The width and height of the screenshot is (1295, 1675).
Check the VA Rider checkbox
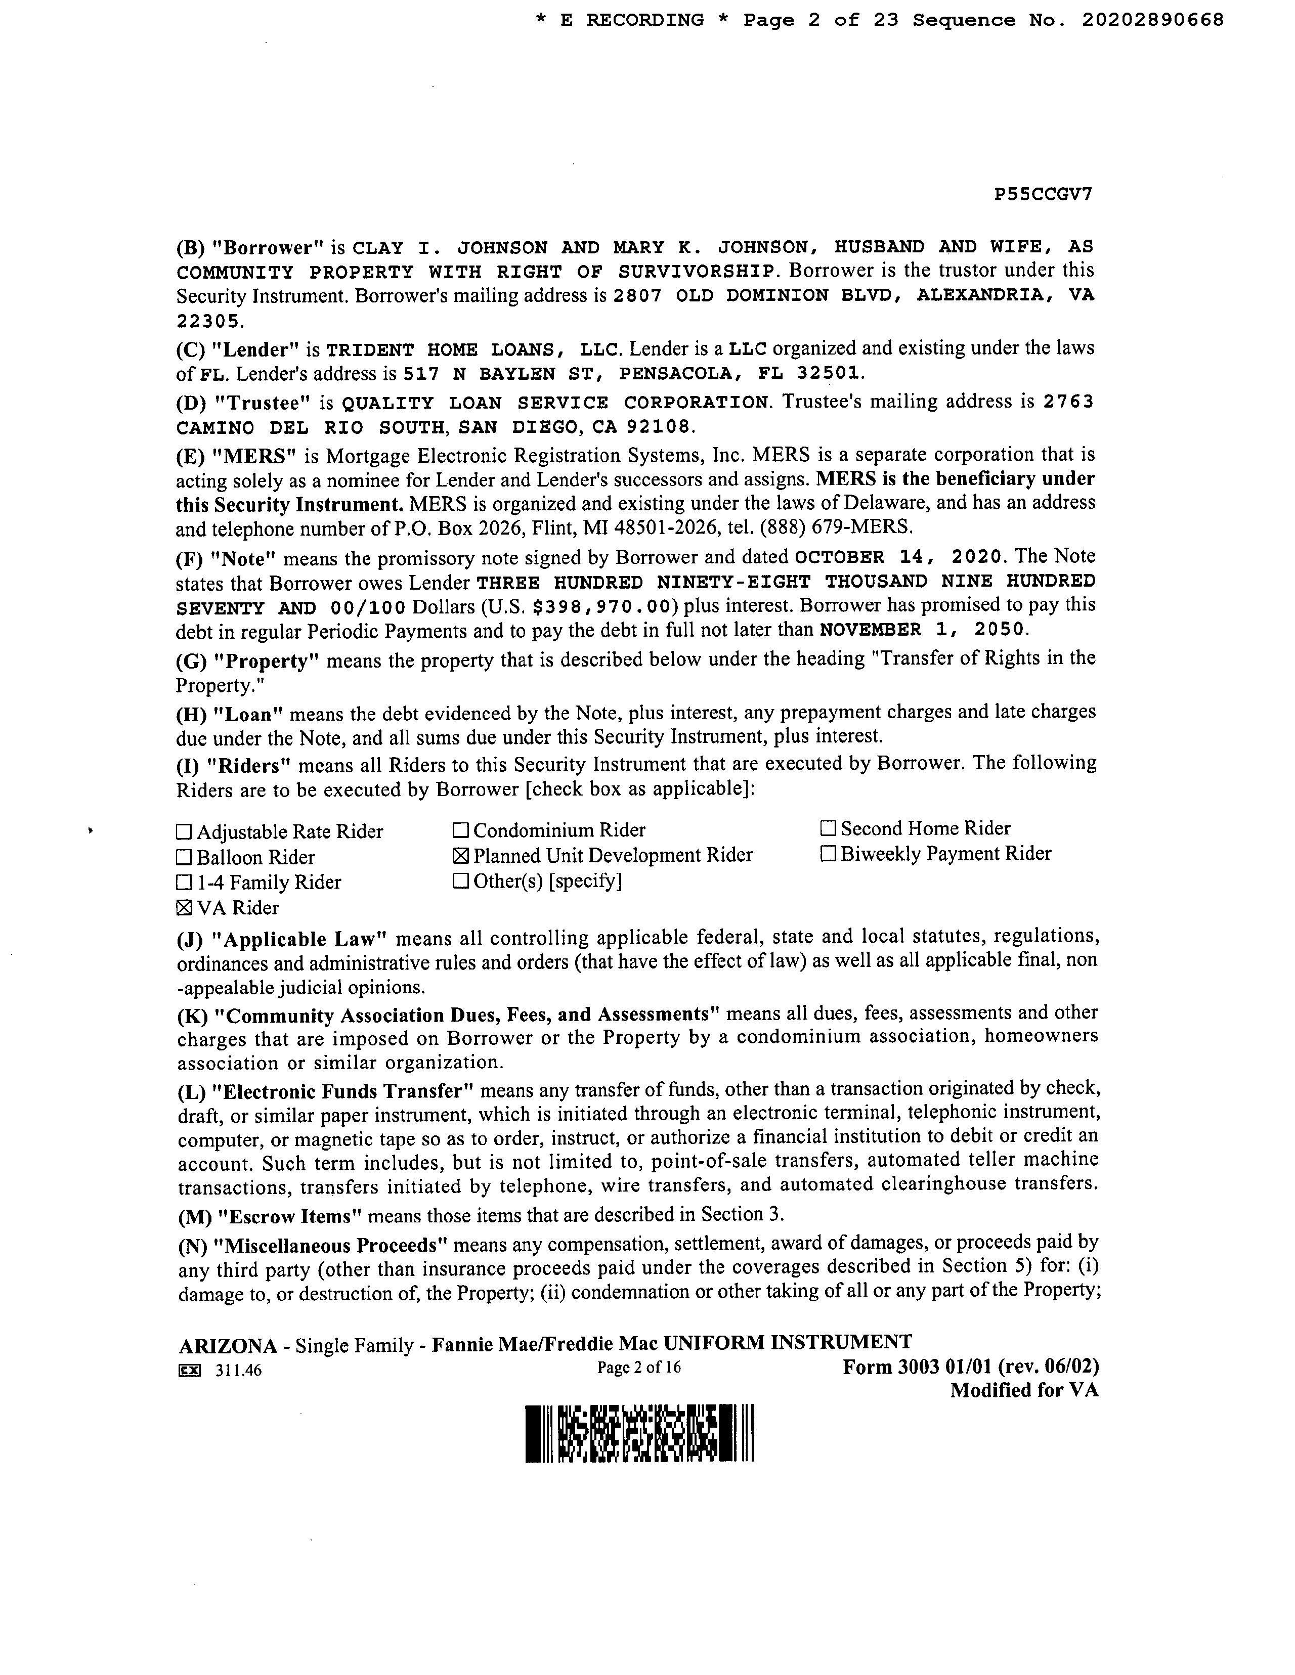click(x=184, y=908)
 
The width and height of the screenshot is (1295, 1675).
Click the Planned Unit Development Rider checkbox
click(x=460, y=856)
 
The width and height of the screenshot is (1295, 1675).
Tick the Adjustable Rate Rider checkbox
click(x=184, y=832)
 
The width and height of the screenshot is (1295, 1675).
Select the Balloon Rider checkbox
click(x=184, y=857)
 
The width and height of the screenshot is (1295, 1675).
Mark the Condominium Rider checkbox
click(x=460, y=830)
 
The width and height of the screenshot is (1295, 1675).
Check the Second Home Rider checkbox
click(x=828, y=828)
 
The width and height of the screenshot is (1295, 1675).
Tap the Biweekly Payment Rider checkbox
click(x=828, y=854)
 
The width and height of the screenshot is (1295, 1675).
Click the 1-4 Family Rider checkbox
click(x=184, y=883)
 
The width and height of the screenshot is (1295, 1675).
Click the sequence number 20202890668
click(x=1152, y=21)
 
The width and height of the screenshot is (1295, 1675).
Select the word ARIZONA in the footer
click(x=228, y=1346)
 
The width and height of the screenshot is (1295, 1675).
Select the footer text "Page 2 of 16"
click(x=638, y=1367)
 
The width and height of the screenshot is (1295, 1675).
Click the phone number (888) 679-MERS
click(x=843, y=527)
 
